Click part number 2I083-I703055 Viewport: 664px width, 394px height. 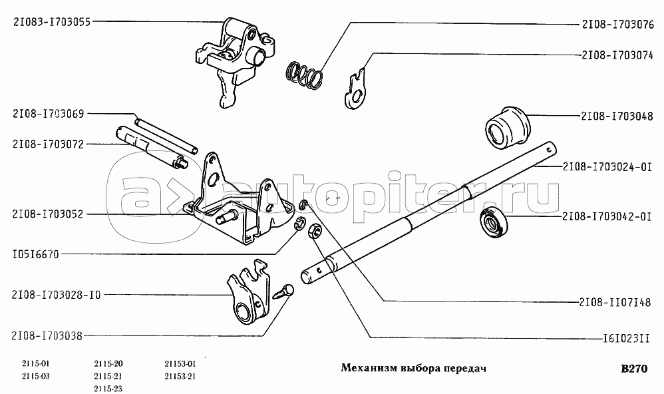[52, 21]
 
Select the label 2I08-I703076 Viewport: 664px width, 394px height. [617, 25]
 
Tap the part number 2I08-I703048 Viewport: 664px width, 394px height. [617, 116]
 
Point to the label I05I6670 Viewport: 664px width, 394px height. [36, 255]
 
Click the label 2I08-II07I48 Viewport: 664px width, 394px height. [615, 303]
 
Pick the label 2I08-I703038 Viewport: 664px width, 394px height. [47, 336]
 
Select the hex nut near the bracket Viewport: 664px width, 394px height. [315, 232]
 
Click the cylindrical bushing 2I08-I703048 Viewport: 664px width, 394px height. [508, 126]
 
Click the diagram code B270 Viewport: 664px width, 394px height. [634, 369]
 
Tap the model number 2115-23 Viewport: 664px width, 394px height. [108, 389]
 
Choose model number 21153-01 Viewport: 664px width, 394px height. [180, 363]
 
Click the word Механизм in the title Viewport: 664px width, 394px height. [368, 369]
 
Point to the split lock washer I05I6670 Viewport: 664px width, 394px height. [299, 222]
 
